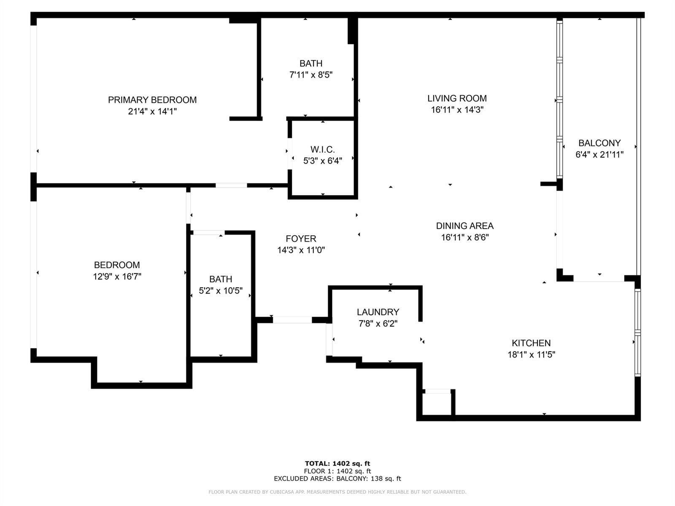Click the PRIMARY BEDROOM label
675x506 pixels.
[x=152, y=100]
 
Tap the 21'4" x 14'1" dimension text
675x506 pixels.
[x=152, y=111]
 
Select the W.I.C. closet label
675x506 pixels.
[x=323, y=150]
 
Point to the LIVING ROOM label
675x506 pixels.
[x=457, y=98]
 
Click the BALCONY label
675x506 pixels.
[x=599, y=143]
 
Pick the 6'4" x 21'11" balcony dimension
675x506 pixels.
[x=599, y=154]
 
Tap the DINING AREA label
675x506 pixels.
[x=464, y=226]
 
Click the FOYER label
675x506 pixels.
[x=301, y=239]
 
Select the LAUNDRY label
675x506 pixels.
[x=378, y=312]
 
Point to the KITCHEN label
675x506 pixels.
[x=531, y=343]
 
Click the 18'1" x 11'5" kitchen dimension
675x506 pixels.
[x=531, y=355]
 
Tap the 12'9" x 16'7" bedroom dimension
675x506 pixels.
[x=117, y=277]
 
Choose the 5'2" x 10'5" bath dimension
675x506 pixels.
[x=221, y=291]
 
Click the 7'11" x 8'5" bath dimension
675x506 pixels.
[x=311, y=75]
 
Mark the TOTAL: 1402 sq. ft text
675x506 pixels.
[x=337, y=463]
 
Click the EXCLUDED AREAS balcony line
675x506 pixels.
[x=337, y=479]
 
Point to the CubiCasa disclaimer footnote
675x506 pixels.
[x=337, y=492]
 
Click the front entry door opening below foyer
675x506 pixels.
[x=292, y=320]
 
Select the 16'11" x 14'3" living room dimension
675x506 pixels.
[x=457, y=110]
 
